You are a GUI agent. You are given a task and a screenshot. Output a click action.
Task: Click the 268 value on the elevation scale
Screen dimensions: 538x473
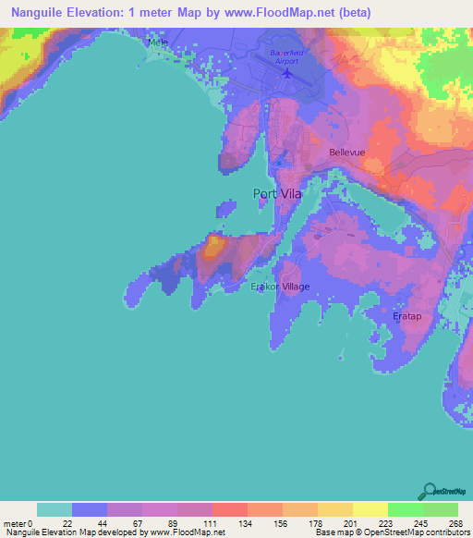[456, 522]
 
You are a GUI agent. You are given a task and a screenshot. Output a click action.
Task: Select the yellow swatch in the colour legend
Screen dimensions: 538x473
[370, 509]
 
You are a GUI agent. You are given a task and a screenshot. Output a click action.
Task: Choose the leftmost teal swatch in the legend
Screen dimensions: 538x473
[55, 509]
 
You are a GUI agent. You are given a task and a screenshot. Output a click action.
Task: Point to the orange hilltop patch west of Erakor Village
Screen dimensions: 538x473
[213, 246]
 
